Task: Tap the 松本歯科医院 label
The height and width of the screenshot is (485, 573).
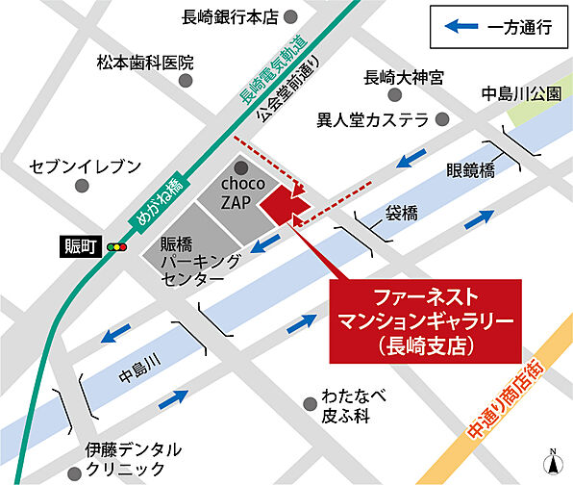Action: click(x=144, y=63)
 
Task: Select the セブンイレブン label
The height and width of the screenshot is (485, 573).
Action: click(x=86, y=166)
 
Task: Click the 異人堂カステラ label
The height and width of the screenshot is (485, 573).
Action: click(x=372, y=121)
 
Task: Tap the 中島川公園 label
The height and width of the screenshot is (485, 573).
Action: click(x=520, y=94)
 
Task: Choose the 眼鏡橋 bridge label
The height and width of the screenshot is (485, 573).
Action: click(x=470, y=170)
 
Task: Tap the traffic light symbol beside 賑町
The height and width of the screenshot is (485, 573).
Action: click(x=118, y=247)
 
